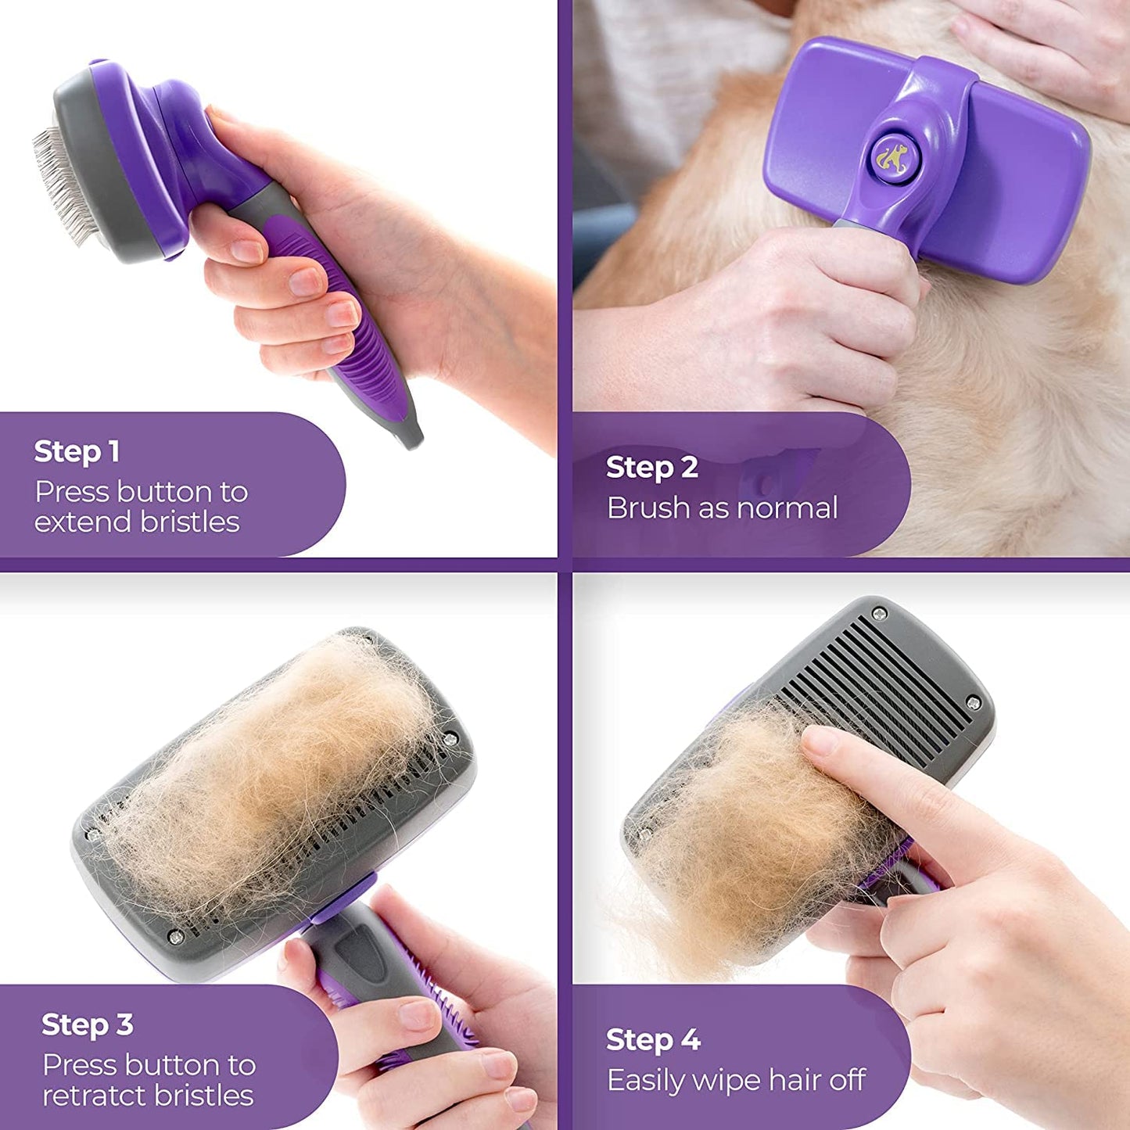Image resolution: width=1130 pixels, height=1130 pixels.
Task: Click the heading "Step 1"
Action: click(77, 451)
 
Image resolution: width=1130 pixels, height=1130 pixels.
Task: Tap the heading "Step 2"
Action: click(651, 467)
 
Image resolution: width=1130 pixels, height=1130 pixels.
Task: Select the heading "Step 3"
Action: click(87, 1024)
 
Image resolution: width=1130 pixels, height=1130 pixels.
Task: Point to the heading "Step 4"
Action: click(653, 1039)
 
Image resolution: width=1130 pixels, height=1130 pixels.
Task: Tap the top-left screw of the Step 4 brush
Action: click(879, 613)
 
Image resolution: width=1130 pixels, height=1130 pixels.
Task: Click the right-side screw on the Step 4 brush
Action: click(974, 702)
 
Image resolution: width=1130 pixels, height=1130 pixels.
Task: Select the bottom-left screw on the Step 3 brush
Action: click(175, 936)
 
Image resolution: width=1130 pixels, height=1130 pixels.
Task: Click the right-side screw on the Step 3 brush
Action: click(450, 737)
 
